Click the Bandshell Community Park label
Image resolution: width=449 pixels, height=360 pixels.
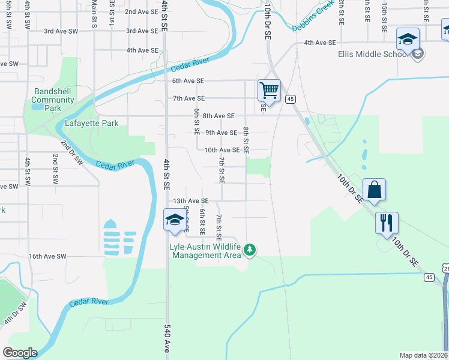click(53, 100)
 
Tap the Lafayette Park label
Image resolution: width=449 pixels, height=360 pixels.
click(91, 124)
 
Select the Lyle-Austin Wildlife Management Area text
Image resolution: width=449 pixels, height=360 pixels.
click(205, 251)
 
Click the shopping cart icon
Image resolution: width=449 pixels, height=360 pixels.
click(270, 91)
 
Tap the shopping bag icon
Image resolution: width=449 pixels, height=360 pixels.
click(374, 189)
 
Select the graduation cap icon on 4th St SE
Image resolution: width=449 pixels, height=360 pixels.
click(175, 219)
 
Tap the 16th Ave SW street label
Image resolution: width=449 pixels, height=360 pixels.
click(47, 256)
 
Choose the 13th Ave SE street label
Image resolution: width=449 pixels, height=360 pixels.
click(190, 201)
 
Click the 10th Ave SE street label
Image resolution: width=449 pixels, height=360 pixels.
click(222, 150)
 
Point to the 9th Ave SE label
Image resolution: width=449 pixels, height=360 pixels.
click(221, 133)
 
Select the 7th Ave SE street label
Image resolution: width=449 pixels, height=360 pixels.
click(188, 98)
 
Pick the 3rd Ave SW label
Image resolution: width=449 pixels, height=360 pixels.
click(61, 31)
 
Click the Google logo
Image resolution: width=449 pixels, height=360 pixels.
click(20, 353)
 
